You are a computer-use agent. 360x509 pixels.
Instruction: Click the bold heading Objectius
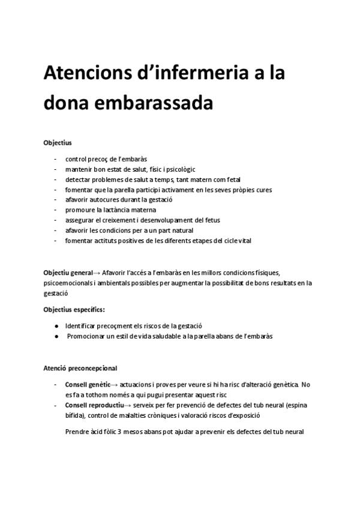pos(58,143)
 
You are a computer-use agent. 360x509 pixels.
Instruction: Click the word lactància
pos(124,210)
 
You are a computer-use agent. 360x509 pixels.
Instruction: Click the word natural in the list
pos(188,230)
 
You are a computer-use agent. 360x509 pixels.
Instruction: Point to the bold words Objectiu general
pos(68,273)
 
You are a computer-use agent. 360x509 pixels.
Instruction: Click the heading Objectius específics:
pos(74,310)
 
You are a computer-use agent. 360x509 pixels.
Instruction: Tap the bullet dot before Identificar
pos(56,325)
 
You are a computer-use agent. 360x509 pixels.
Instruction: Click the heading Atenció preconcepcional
pos(80,368)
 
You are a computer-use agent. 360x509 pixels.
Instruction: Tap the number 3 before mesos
pos(121,432)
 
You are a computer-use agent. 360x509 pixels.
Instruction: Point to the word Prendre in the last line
pos(77,432)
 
